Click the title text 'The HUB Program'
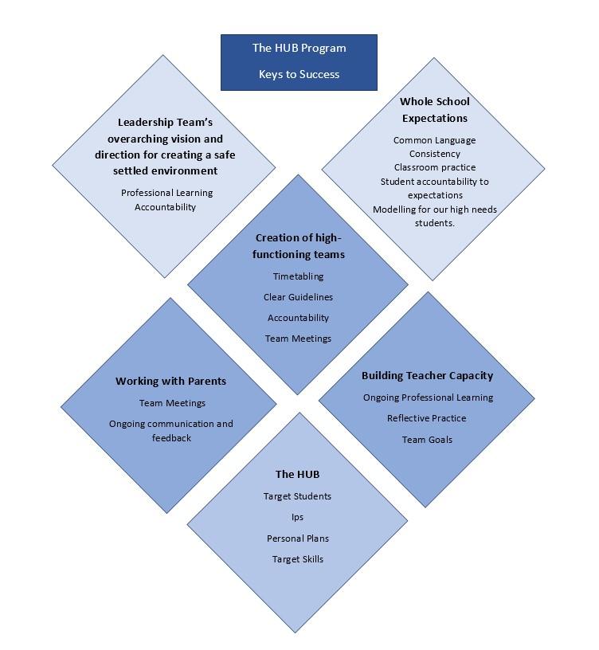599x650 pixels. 299,48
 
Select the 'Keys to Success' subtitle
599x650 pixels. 299,74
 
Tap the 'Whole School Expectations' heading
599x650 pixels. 434,110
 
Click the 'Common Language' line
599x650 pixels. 434,140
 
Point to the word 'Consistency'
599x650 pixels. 434,154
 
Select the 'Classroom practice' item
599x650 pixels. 435,167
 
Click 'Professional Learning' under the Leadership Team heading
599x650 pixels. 166,194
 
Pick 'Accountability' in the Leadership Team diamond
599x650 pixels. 165,207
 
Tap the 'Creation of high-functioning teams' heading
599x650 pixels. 299,246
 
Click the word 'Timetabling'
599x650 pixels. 298,276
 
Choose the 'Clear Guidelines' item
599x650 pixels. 298,297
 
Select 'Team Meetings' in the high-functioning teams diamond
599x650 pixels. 298,339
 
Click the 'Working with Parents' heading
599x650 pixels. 170,382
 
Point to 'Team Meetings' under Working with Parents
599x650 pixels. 172,403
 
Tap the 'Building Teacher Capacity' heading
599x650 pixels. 428,376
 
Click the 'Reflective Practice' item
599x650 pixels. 427,418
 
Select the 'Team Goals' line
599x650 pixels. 427,440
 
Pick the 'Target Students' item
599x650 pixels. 297,496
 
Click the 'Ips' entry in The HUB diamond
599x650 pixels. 297,517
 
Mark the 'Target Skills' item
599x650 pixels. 298,559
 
